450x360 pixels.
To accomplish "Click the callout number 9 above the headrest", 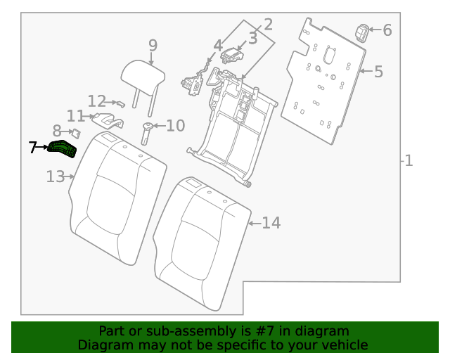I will (x=153, y=46).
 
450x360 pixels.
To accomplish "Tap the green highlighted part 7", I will (x=64, y=150).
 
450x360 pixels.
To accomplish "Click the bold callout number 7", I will (x=33, y=148).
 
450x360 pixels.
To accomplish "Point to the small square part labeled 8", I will (x=76, y=131).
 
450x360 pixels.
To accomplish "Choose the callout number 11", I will (x=75, y=116).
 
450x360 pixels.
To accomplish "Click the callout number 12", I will (x=96, y=101).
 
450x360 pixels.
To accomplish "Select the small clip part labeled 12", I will (x=120, y=103).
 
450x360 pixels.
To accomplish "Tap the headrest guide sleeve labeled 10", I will (x=147, y=131).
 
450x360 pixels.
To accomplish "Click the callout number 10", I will (x=175, y=127).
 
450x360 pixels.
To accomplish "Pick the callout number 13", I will (x=56, y=176).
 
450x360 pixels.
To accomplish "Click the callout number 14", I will (x=271, y=223).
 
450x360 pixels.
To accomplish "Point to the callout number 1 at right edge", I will (x=409, y=161).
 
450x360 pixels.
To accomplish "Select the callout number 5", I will (x=378, y=71).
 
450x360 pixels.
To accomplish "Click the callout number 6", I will (x=387, y=30).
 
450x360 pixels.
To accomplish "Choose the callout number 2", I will (x=268, y=25).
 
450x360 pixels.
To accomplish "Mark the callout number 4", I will (x=219, y=46).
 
